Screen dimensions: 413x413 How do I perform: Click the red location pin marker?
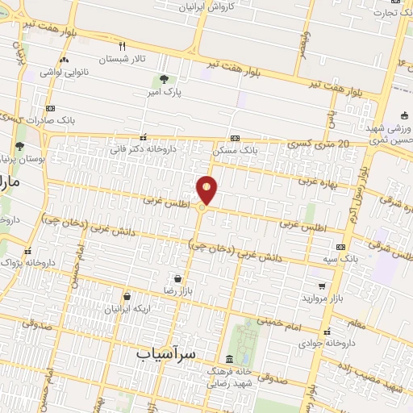click(x=207, y=189)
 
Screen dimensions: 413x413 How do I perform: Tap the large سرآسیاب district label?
click(x=167, y=354)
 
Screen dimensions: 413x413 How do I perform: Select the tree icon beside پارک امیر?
click(x=165, y=79)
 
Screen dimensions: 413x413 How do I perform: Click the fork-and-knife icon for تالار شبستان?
click(x=123, y=46)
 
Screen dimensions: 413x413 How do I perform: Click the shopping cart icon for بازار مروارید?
click(x=323, y=286)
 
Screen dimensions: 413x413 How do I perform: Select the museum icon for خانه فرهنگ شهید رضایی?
click(x=230, y=358)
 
